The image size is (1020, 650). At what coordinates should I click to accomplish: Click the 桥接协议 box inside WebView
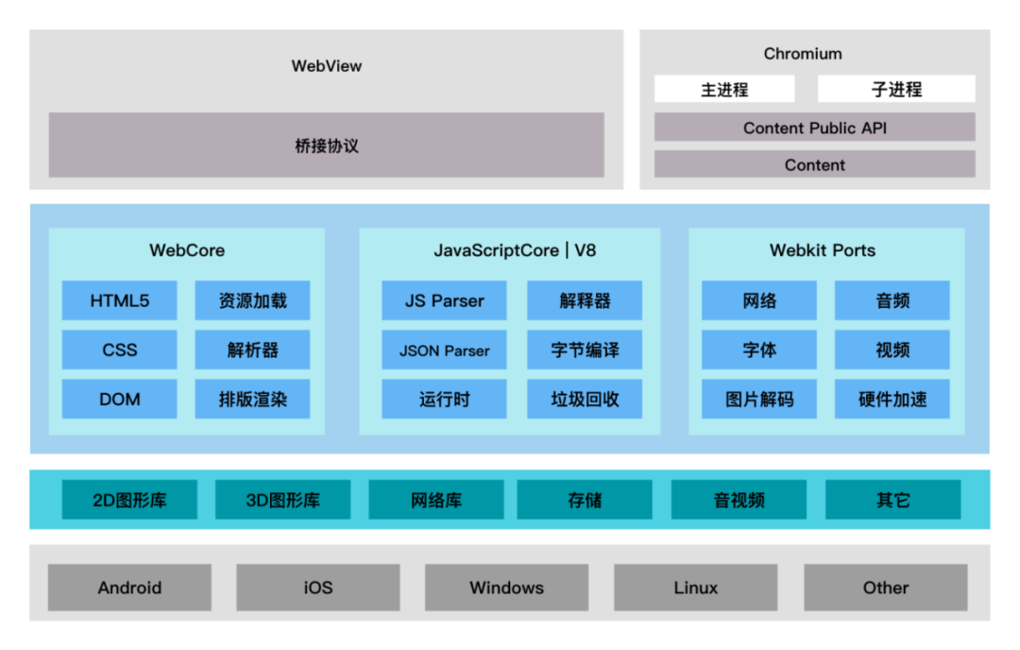pos(326,145)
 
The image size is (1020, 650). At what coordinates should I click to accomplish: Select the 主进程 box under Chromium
pos(724,90)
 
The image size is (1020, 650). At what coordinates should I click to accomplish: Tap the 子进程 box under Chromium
pos(896,90)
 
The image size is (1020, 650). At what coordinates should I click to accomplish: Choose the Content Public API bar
pos(814,128)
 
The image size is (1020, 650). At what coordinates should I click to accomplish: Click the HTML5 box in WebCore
pos(120,300)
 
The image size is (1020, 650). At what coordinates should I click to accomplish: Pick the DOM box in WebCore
pos(120,399)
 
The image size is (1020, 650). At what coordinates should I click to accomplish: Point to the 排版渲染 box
pos(252,399)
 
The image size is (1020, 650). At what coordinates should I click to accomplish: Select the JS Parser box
pos(444,300)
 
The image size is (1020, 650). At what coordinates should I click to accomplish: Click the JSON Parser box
pos(444,350)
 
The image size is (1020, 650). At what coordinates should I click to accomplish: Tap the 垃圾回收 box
pos(585,399)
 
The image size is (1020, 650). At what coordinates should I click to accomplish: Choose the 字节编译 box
pos(585,350)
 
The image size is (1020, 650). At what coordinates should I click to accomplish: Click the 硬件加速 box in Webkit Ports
pos(892,399)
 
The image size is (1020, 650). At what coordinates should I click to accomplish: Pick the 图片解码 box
pos(759,399)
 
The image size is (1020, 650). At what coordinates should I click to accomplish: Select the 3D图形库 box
pos(282,500)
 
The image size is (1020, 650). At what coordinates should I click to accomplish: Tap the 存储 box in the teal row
pos(585,500)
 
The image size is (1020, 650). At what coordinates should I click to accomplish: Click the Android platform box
pos(129,588)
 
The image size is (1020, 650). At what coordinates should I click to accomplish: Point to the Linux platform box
pos(696,588)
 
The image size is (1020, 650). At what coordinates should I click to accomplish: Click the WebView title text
pos(326,66)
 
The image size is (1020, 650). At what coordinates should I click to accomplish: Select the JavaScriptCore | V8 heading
pos(515,250)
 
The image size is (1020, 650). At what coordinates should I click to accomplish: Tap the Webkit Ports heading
pos(823,250)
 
